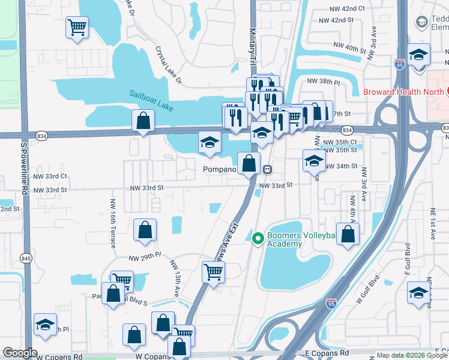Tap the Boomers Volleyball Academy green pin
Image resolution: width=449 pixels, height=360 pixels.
258,239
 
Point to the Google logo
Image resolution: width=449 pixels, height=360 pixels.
20,353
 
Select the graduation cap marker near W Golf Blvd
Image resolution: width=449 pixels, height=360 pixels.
418,292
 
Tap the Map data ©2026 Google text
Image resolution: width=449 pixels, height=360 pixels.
411,355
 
